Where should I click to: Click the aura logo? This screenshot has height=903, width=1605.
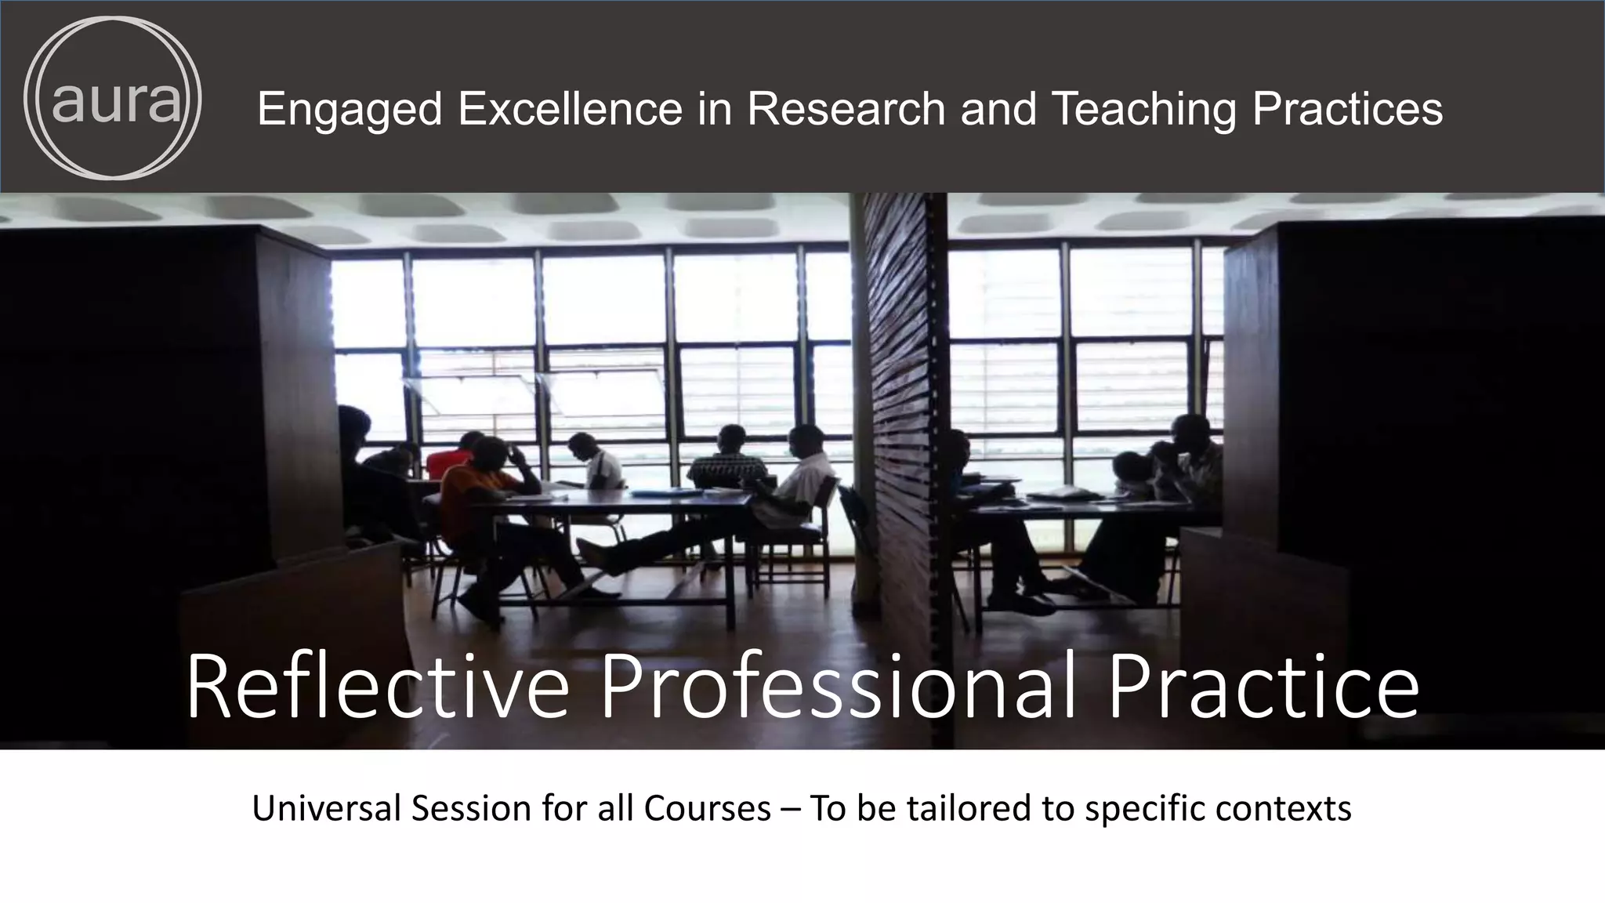[113, 98]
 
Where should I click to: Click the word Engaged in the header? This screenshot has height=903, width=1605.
[350, 109]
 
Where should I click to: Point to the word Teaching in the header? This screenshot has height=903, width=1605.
[1143, 109]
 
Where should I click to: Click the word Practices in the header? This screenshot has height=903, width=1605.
[1347, 109]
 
